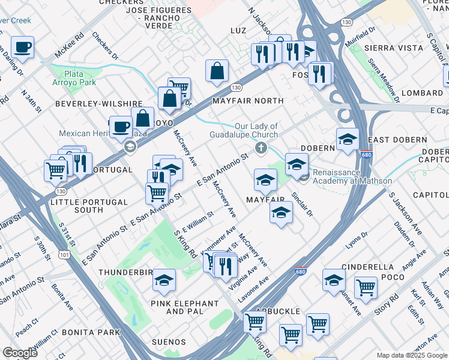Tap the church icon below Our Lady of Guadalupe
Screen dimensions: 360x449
coord(261,148)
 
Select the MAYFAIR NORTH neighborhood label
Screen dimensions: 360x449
coord(248,101)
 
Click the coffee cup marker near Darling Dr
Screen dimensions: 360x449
coord(22,47)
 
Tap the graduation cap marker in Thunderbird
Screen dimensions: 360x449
coord(163,280)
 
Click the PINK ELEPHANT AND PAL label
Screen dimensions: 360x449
coord(184,307)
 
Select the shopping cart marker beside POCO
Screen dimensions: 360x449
coord(366,287)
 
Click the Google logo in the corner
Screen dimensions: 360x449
coord(19,353)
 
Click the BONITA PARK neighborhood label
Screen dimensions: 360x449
coord(94,332)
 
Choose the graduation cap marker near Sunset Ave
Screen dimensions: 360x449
coord(334,280)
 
